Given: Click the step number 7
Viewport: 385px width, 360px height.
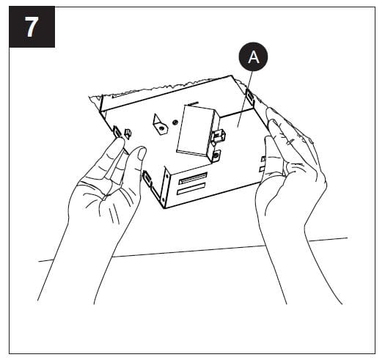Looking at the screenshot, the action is point(32,27).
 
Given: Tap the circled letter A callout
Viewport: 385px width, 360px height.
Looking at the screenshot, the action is point(253,56).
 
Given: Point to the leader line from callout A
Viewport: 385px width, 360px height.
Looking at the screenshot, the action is point(244,99).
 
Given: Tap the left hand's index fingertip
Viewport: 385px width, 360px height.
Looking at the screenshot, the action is point(120,142).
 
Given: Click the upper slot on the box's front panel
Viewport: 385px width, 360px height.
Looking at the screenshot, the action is point(193,178).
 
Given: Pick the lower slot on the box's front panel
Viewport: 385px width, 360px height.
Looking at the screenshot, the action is point(191,188).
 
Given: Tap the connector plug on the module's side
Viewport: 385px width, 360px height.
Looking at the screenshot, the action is point(219,135).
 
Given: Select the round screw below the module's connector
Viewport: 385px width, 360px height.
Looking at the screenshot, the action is point(216,155).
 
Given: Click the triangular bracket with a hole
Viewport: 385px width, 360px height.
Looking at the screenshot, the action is point(160,124).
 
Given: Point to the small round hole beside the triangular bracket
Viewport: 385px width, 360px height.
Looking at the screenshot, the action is point(175,122).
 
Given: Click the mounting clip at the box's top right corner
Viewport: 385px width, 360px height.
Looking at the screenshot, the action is point(250,97).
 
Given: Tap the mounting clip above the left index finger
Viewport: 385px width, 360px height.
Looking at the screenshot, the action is point(117,131).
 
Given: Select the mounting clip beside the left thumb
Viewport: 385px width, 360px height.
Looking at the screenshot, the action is point(147,178).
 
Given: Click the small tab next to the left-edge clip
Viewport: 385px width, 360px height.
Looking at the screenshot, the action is point(128,134).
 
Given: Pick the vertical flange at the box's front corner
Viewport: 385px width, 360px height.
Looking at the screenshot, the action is point(166,187).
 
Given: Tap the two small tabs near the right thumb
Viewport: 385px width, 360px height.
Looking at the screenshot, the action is point(263,164).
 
